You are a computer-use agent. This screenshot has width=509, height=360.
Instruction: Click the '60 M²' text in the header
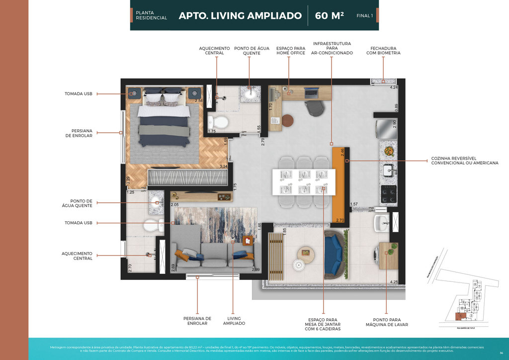[330, 15]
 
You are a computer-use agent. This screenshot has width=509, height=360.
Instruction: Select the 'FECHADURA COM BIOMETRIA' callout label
[383, 51]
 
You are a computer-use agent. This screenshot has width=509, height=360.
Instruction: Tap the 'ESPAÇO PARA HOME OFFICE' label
[291, 51]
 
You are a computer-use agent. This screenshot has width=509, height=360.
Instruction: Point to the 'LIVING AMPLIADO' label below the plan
[234, 321]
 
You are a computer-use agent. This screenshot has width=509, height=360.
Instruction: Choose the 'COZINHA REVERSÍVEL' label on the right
[464, 161]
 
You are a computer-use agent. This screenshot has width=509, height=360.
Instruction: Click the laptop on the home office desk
[312, 91]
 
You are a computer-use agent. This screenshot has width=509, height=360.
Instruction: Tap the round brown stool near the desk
[288, 120]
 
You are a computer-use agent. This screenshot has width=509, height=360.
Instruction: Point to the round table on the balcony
[306, 254]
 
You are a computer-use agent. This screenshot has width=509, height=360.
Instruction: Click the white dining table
[303, 182]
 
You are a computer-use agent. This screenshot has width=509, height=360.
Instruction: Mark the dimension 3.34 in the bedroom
[224, 166]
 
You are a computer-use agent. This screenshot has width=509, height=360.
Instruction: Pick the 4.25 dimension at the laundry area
[394, 282]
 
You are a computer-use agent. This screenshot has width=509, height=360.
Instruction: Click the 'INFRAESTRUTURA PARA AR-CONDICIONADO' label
[332, 48]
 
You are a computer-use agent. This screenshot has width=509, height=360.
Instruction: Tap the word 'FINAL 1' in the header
[364, 16]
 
